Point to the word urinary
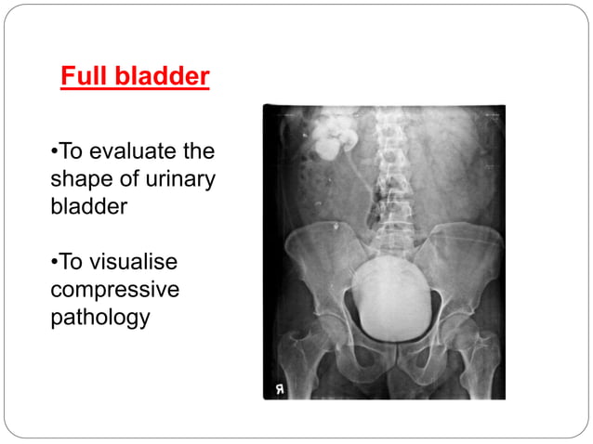point(178,179)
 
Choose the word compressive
point(114,290)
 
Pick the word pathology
point(99,318)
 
